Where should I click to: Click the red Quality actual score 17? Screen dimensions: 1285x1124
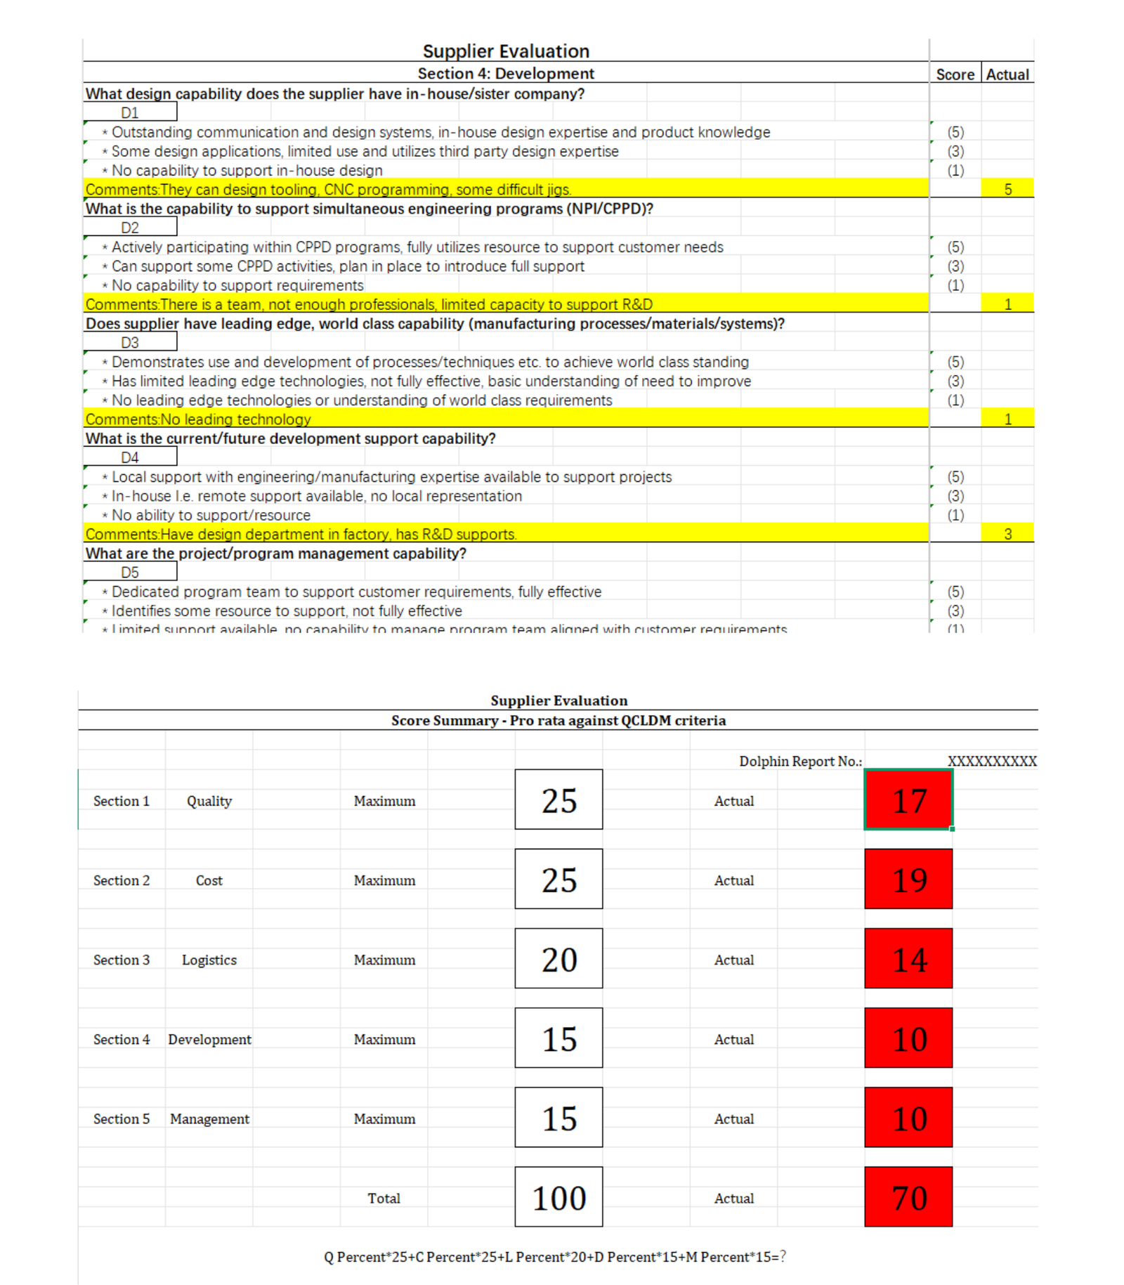tap(908, 800)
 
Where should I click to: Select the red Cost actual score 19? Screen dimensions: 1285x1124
tap(908, 880)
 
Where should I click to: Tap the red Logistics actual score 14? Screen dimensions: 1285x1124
tap(908, 959)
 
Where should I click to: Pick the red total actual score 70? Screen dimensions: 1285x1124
tap(908, 1197)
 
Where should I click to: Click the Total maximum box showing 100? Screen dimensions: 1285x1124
tap(558, 1197)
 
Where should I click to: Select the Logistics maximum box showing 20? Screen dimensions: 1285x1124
tap(558, 959)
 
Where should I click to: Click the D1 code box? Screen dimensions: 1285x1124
tap(130, 112)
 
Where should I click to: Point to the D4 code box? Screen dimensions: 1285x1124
tap(130, 457)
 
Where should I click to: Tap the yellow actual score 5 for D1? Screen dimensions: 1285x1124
tap(1007, 189)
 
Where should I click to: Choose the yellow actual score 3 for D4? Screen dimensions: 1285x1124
tap(1007, 534)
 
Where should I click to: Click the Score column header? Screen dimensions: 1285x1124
tap(955, 74)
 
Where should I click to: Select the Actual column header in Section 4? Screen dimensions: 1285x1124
tap(1007, 74)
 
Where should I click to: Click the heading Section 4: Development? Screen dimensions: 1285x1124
tap(506, 73)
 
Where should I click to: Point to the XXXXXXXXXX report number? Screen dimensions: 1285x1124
tap(992, 761)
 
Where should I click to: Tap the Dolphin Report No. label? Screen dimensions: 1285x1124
tap(800, 761)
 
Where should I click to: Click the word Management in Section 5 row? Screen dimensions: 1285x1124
tap(209, 1118)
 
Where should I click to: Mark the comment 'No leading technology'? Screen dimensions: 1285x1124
tap(198, 419)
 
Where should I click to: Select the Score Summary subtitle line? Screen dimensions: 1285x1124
tap(558, 720)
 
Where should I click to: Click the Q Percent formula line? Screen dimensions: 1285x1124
tap(554, 1257)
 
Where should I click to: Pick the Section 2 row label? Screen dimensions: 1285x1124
tap(122, 880)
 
